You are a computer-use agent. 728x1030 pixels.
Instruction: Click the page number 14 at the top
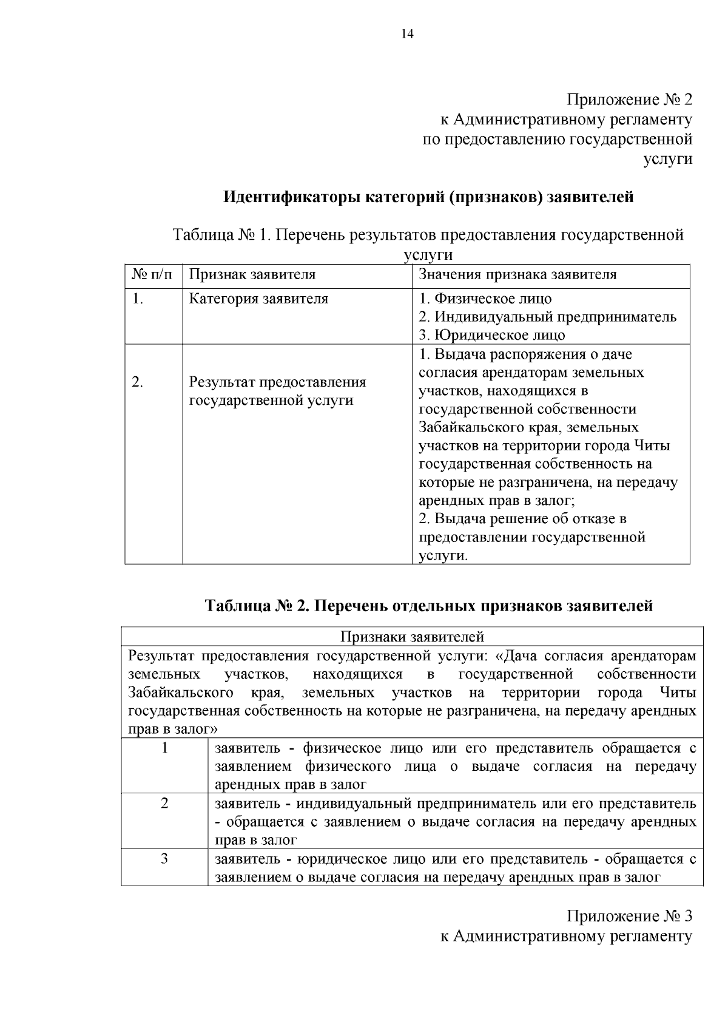407,35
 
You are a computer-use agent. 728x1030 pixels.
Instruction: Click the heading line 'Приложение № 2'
629,100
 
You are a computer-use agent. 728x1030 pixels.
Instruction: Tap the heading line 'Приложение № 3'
629,916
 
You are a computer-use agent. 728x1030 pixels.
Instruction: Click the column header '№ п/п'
152,274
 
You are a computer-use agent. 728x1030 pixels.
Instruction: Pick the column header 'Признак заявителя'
252,274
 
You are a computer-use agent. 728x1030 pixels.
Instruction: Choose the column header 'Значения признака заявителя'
517,274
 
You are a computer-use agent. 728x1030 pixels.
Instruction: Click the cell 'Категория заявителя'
258,299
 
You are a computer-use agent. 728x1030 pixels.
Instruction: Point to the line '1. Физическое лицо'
485,299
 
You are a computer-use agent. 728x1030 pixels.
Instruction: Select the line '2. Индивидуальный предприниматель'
548,317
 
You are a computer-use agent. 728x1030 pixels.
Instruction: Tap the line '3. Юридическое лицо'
492,335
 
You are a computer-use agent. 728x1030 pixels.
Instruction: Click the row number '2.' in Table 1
138,382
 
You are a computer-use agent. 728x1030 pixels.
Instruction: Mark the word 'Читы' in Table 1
652,446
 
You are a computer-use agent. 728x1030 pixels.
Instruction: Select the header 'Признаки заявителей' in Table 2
412,637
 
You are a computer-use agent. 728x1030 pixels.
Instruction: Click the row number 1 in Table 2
164,748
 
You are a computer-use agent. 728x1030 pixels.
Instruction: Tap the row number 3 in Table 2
164,859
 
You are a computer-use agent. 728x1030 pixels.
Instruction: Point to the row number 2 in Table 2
164,804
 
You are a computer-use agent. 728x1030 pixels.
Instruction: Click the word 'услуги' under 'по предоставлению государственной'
667,159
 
